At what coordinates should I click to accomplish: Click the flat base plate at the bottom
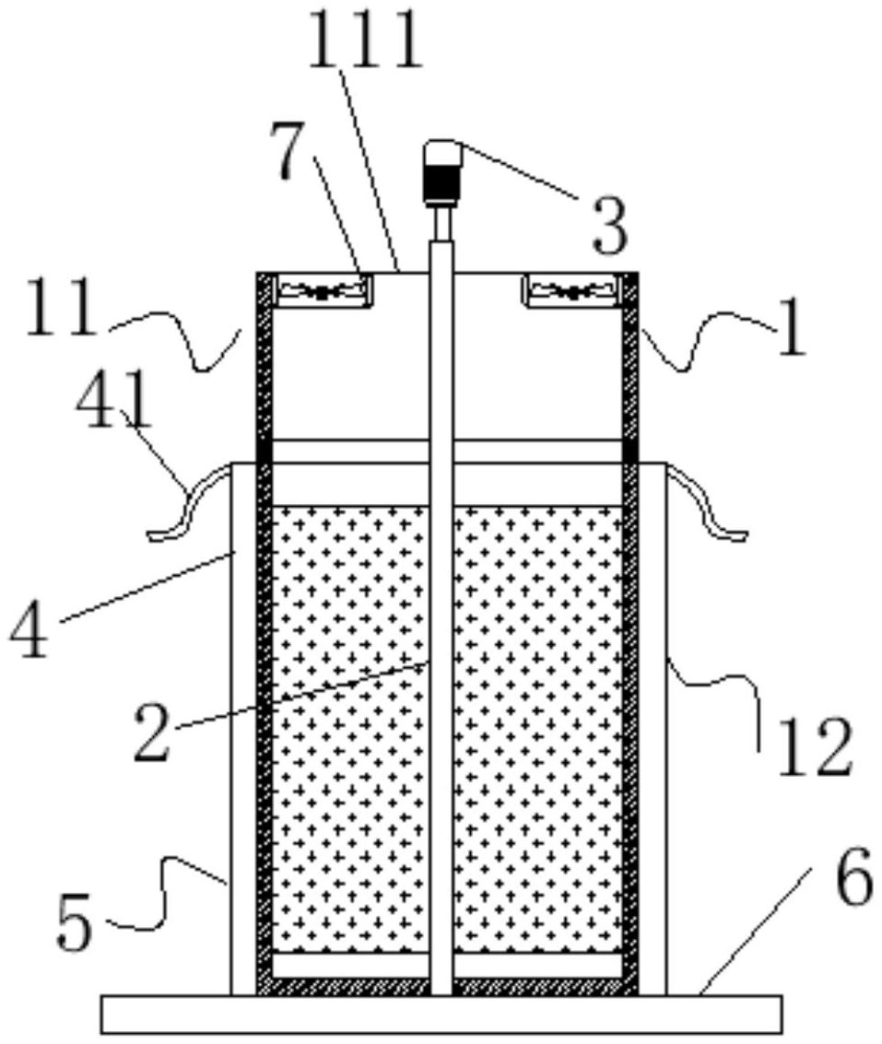point(441,1014)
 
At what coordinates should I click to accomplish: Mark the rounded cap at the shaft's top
point(441,149)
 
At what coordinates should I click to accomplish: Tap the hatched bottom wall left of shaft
point(350,987)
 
